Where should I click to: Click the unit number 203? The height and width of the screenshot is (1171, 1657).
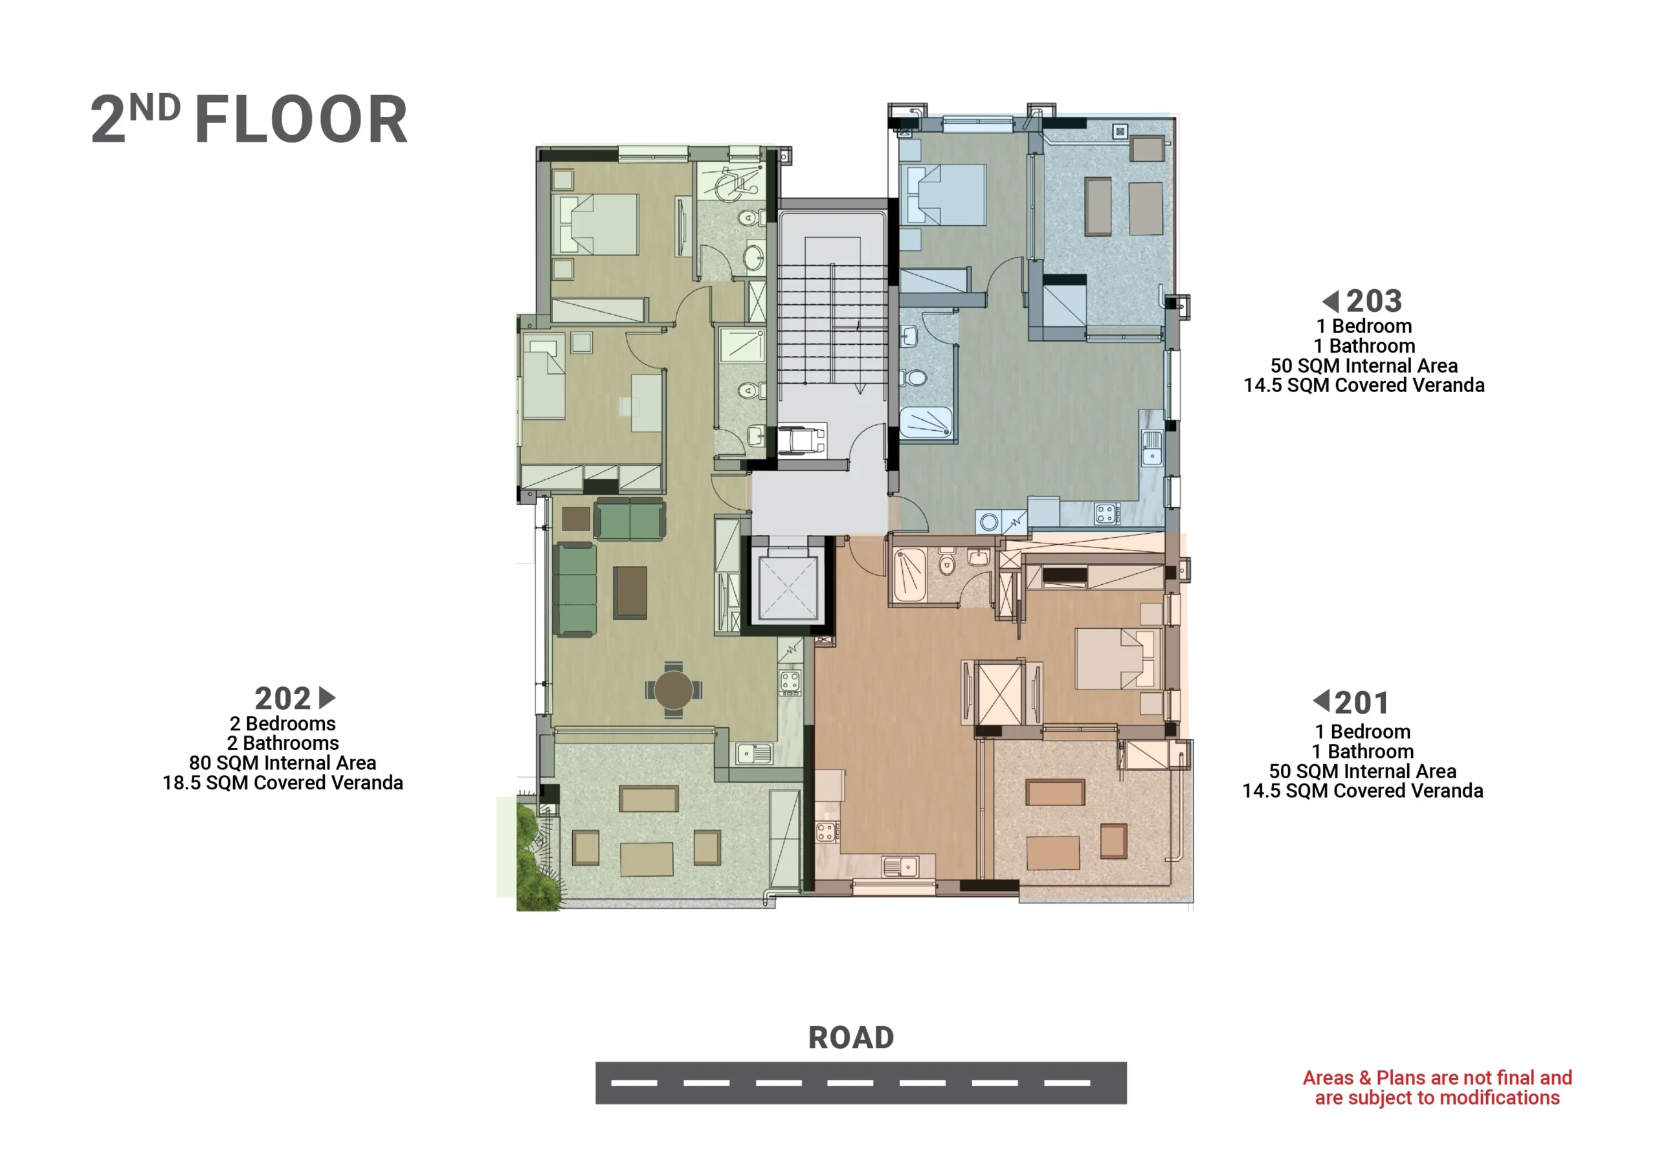(x=1373, y=301)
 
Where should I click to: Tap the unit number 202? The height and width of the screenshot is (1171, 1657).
(x=282, y=699)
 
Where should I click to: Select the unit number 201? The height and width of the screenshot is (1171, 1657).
(x=1361, y=703)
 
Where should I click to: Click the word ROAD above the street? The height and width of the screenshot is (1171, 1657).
(x=851, y=1038)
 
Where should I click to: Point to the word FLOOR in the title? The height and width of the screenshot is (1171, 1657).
(x=301, y=120)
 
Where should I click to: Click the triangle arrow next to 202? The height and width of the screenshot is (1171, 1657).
(x=327, y=697)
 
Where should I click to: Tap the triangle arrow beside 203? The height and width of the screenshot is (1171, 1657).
(x=1330, y=301)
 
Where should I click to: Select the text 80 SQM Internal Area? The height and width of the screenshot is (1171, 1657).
(x=282, y=763)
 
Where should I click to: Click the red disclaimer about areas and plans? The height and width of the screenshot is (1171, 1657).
(x=1437, y=1088)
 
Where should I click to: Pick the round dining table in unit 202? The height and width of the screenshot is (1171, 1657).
(x=673, y=690)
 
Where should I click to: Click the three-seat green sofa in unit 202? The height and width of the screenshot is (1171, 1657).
(x=575, y=590)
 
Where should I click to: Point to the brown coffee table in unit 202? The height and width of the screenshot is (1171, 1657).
(x=629, y=593)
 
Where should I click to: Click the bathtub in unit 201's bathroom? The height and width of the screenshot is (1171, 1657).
(x=909, y=575)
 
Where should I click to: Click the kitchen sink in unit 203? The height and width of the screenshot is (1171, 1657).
(x=1152, y=446)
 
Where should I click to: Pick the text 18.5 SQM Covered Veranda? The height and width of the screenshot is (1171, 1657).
(x=282, y=783)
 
